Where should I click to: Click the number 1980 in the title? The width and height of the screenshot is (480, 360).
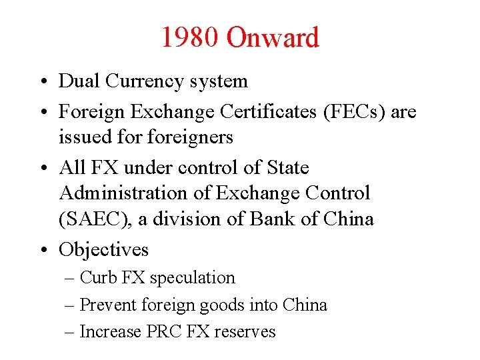point(189,37)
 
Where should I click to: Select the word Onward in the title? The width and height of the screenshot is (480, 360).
point(273,37)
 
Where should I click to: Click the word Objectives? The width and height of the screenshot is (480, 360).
point(103,249)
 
